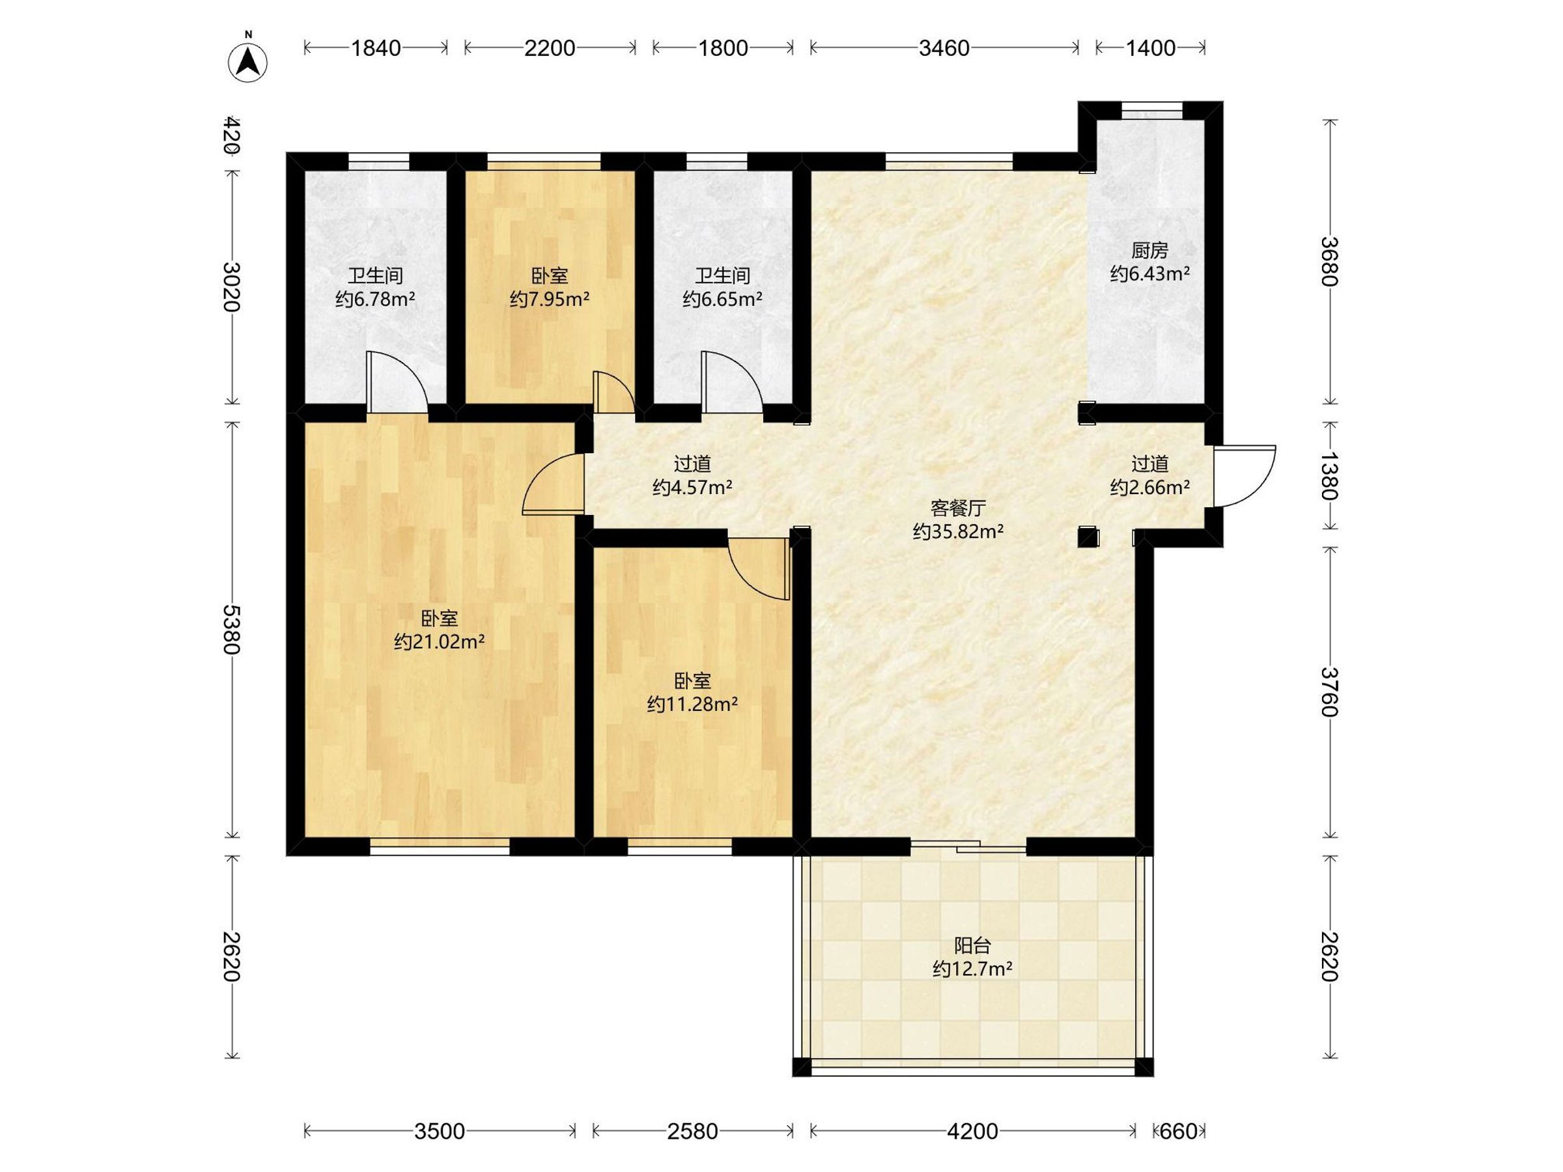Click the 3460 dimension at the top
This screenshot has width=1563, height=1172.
(944, 48)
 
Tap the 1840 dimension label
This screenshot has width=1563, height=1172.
(376, 48)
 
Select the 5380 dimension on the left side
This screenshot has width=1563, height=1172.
(231, 629)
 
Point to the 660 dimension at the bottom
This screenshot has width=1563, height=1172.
(1179, 1131)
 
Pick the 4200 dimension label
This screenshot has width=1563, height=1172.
(972, 1131)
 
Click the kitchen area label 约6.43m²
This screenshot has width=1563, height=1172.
(1149, 273)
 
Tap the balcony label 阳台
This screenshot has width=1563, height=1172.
(972, 945)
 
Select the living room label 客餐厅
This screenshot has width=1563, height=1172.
(958, 508)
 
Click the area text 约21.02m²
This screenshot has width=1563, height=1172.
(439, 641)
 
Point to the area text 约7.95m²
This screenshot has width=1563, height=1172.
(549, 299)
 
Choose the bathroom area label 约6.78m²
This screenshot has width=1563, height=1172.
(375, 299)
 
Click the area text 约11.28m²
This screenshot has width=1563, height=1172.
(692, 704)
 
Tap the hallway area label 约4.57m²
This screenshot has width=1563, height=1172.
(692, 487)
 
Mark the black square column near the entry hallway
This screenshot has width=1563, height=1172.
(1088, 537)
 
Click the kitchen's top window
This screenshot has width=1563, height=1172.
(1151, 111)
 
